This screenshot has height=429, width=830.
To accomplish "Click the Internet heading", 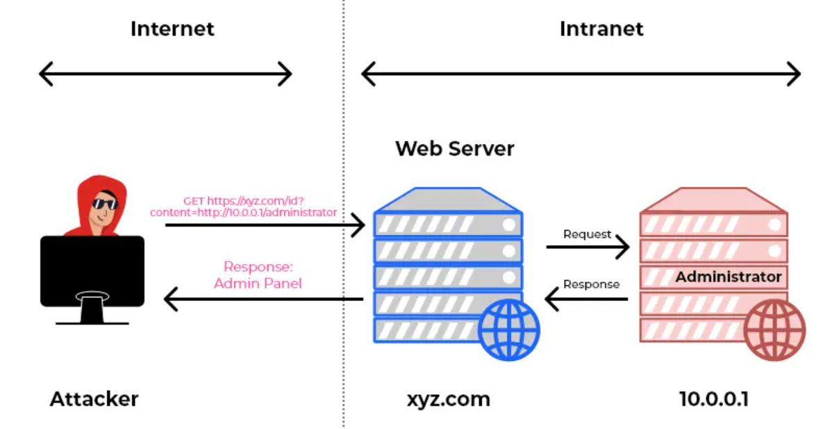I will [172, 29].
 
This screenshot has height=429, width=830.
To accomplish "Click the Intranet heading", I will [601, 29].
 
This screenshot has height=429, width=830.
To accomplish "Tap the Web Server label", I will [455, 148].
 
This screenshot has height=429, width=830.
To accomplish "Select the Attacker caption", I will [94, 399].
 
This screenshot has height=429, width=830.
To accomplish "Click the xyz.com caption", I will [448, 399].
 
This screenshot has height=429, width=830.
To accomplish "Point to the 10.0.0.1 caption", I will [713, 399].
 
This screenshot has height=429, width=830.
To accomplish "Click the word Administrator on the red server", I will [729, 277].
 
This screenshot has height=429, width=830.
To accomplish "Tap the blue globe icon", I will [508, 330].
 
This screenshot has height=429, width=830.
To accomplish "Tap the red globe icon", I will [774, 330].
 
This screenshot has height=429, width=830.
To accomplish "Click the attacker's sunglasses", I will [105, 204].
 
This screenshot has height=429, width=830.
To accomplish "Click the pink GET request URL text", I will [243, 207].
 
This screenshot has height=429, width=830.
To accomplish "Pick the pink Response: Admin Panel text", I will [258, 275].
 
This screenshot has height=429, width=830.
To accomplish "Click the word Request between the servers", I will [587, 234].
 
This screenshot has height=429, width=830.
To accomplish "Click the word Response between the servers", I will [591, 284].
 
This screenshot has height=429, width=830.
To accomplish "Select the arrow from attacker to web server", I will [264, 225].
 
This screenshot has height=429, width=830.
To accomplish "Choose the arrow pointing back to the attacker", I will [264, 300].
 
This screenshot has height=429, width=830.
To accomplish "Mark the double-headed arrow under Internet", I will [165, 74].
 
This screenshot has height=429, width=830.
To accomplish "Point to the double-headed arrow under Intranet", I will [581, 74].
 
